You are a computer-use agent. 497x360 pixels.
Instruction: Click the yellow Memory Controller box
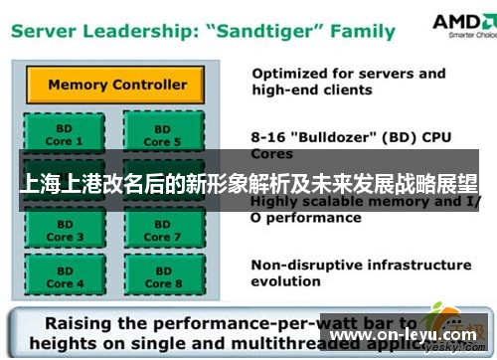click(116, 85)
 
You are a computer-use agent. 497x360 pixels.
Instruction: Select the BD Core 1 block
click(59, 135)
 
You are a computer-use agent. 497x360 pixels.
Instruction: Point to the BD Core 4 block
click(59, 276)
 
